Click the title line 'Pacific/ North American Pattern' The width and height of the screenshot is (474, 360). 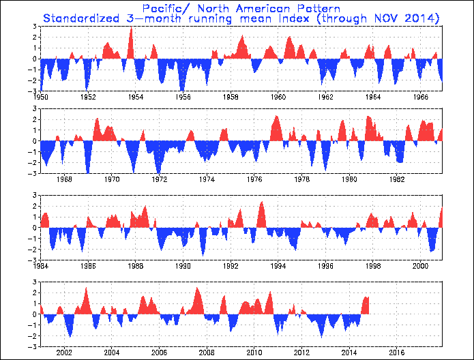pos(236,7)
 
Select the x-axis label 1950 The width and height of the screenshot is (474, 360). pos(41,97)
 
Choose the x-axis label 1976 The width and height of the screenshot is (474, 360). pos(254,180)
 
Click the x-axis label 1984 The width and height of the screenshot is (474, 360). pos(41,266)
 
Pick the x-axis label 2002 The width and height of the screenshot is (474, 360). pos(65,352)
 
